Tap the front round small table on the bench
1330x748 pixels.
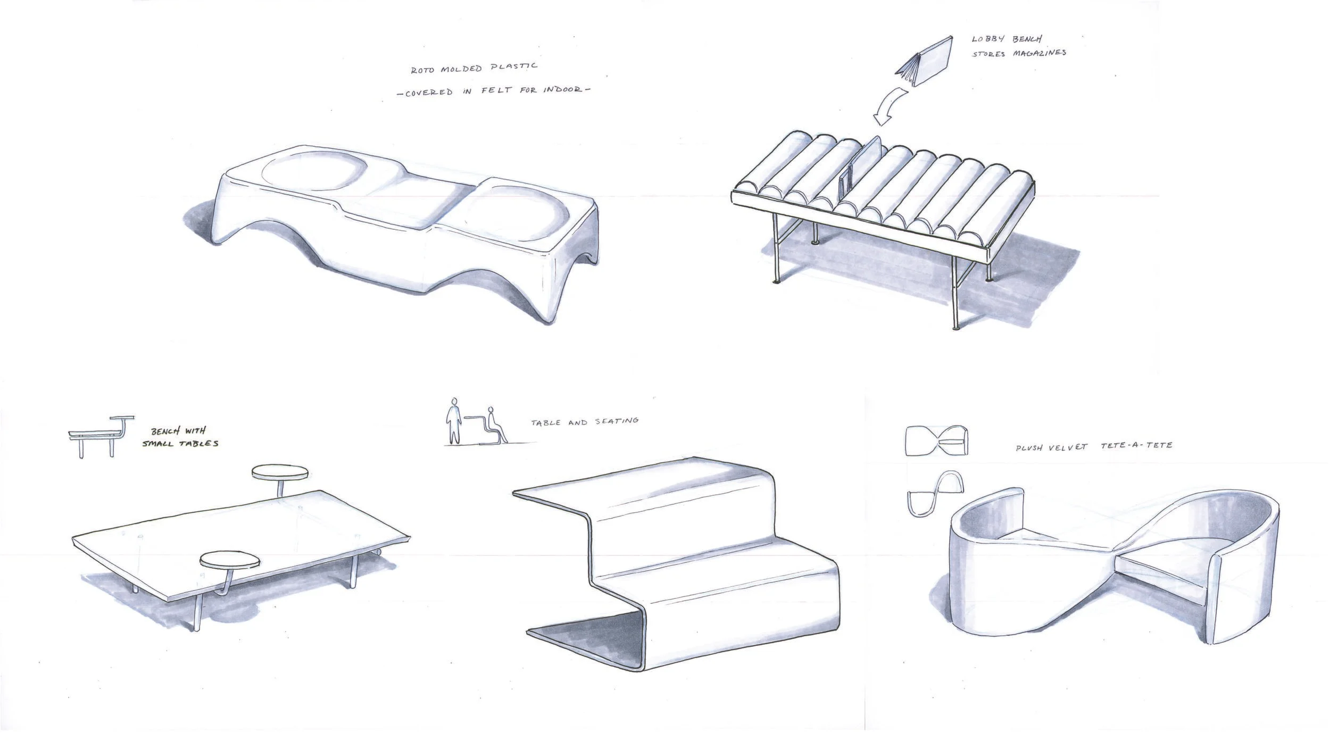click(231, 560)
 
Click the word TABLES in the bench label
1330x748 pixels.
click(198, 443)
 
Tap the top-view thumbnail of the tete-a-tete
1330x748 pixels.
click(936, 441)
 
